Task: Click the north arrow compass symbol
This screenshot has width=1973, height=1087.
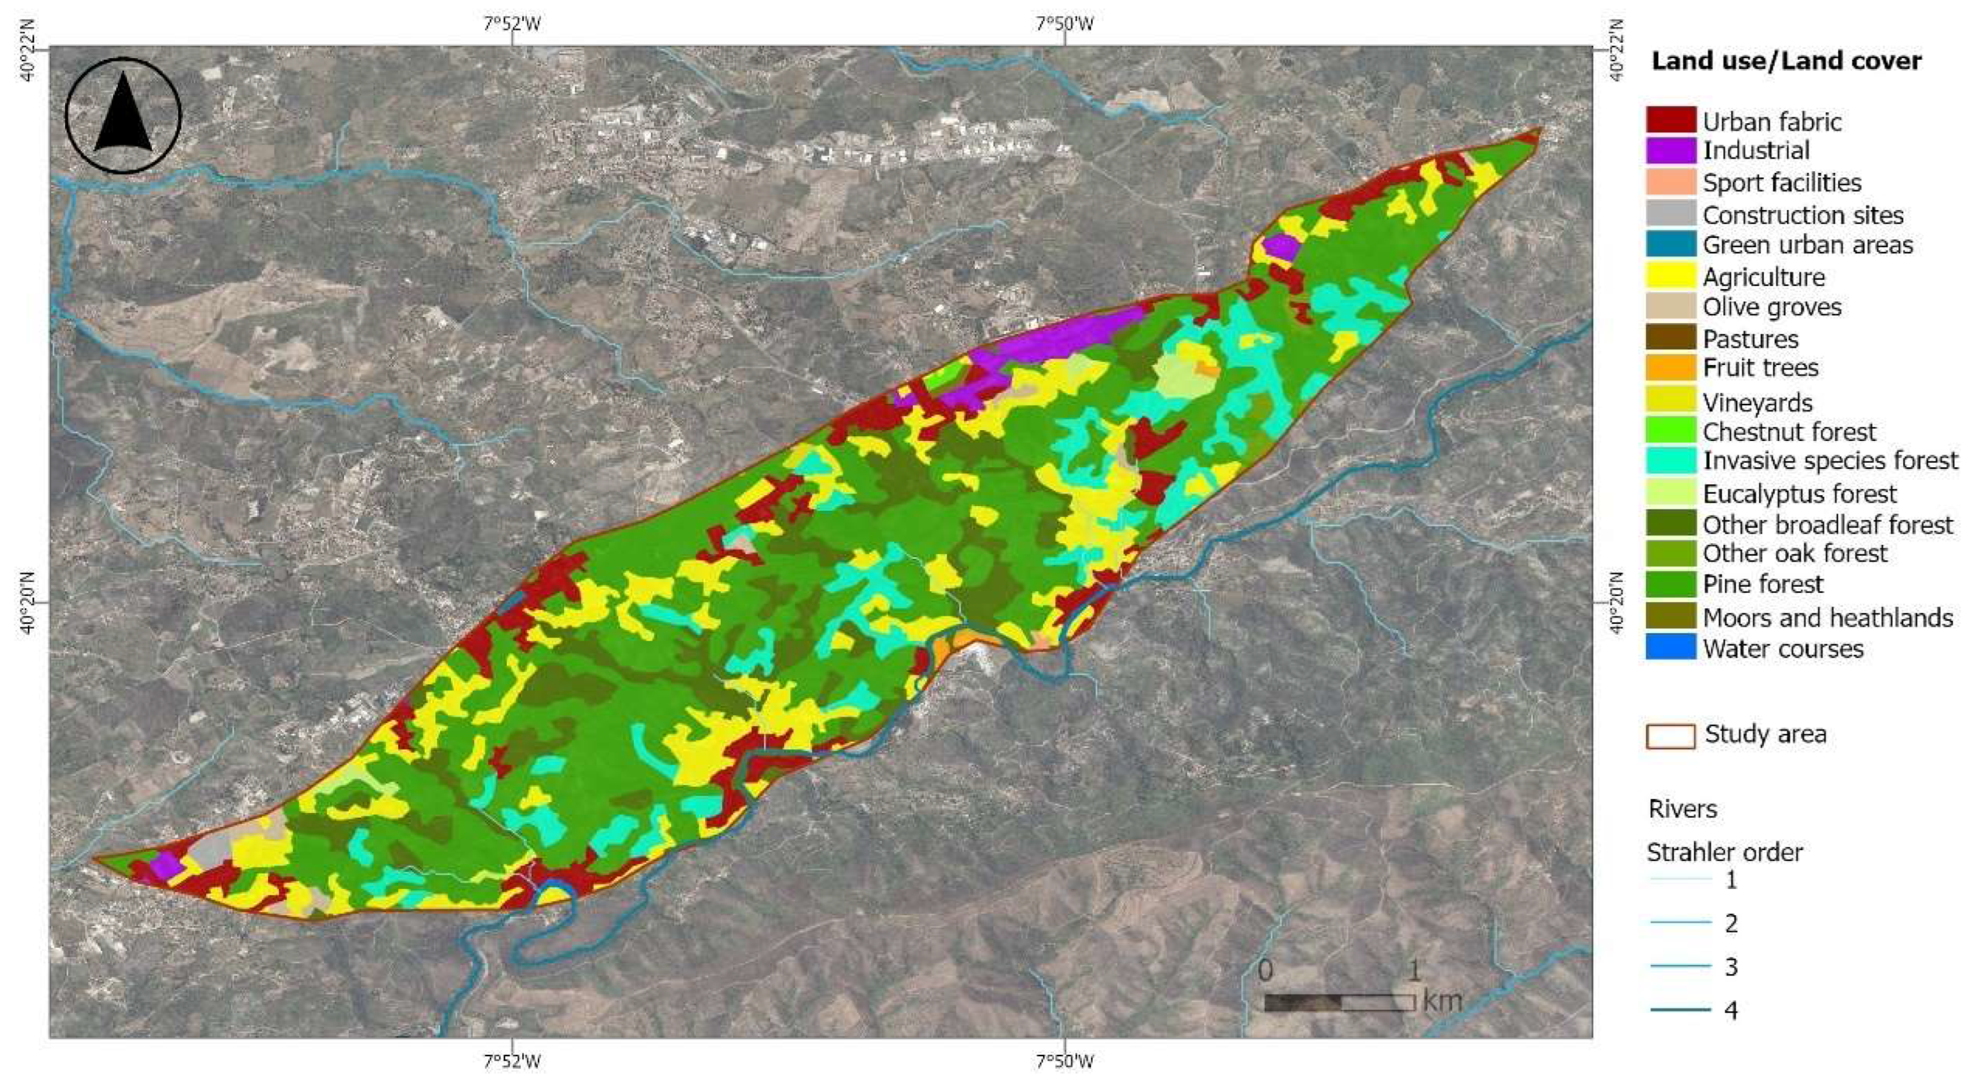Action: click(123, 115)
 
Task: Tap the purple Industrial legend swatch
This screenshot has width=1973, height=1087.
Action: click(1670, 151)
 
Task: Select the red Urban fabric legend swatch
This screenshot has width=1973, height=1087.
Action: click(1670, 120)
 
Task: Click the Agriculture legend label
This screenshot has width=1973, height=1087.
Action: click(1763, 276)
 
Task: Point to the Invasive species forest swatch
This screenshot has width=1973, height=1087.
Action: click(1670, 461)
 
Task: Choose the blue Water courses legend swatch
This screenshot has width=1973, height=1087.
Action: click(1670, 647)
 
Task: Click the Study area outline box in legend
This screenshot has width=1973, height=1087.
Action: click(1670, 735)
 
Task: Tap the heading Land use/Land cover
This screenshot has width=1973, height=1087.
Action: click(1785, 61)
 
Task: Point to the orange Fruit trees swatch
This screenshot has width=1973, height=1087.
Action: click(1670, 369)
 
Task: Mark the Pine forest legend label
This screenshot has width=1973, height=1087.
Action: click(1762, 584)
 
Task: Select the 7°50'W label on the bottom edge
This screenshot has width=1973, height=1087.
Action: click(1065, 1061)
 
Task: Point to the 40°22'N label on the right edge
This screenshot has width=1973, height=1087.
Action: click(1616, 49)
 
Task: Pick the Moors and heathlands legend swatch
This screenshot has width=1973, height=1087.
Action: click(1670, 616)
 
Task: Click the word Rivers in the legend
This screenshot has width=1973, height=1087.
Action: click(1682, 809)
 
